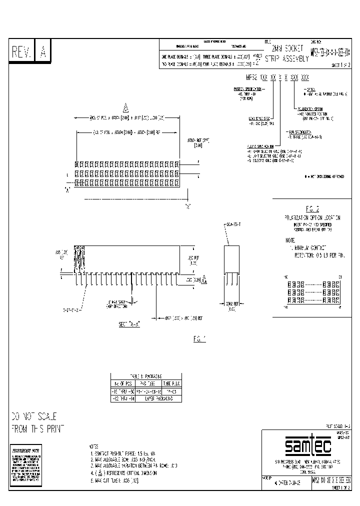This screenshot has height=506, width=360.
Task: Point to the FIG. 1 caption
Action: coord(199,339)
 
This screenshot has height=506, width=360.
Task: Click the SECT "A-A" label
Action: coord(129,324)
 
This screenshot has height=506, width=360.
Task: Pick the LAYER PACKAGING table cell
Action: coord(159,399)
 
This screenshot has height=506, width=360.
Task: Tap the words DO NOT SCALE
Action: coord(34,416)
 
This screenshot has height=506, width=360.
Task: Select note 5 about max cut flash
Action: coord(114,480)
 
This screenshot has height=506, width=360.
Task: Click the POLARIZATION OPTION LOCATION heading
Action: coord(312,218)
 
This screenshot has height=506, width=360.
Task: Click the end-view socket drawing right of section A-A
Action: coord(231,265)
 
